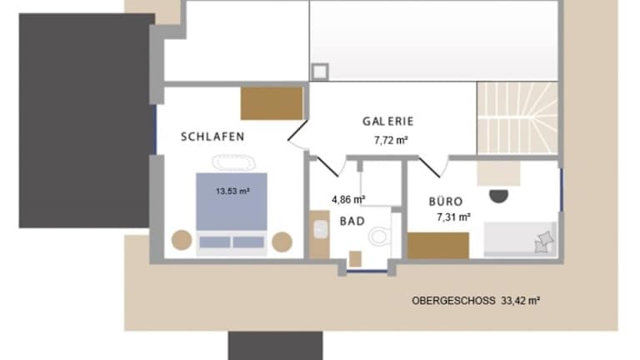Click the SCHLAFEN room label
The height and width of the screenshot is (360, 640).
(212, 137)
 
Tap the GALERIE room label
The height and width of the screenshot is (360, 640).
(388, 121)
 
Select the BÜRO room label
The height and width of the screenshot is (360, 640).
(446, 201)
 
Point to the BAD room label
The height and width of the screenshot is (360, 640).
(352, 221)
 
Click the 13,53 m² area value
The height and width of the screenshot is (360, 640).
(232, 191)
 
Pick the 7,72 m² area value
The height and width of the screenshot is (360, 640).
(391, 140)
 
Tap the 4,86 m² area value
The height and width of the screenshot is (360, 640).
(348, 200)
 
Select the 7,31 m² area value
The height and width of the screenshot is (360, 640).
(453, 217)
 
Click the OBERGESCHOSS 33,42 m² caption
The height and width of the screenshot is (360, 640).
(476, 301)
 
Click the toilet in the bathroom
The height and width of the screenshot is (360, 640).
(381, 236)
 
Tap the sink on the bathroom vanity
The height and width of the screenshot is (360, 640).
(321, 229)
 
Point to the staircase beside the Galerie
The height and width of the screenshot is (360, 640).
(517, 118)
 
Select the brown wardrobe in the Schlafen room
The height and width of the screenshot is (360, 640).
(272, 103)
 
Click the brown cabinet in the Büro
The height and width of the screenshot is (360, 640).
(438, 245)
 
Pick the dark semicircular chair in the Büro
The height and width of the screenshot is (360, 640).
(499, 197)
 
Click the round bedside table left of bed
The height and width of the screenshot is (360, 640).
(182, 240)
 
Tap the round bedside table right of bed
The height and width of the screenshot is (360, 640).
(282, 242)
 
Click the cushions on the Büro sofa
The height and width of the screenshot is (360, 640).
(543, 242)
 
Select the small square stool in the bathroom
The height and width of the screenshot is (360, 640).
(355, 259)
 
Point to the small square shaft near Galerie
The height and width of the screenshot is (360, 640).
(320, 72)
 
